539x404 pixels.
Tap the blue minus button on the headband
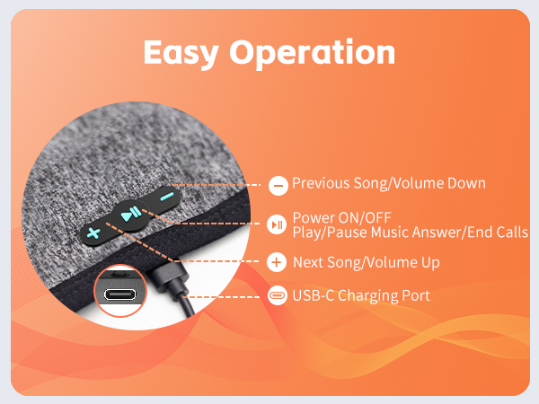(x=165, y=198)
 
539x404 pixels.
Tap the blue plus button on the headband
(x=93, y=233)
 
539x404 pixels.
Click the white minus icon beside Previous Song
(x=278, y=185)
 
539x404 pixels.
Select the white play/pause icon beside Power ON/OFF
(x=278, y=224)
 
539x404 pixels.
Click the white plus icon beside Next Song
(x=278, y=263)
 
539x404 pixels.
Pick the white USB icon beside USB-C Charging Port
(x=278, y=296)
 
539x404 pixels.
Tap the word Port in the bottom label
(x=415, y=296)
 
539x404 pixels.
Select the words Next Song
(x=327, y=263)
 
